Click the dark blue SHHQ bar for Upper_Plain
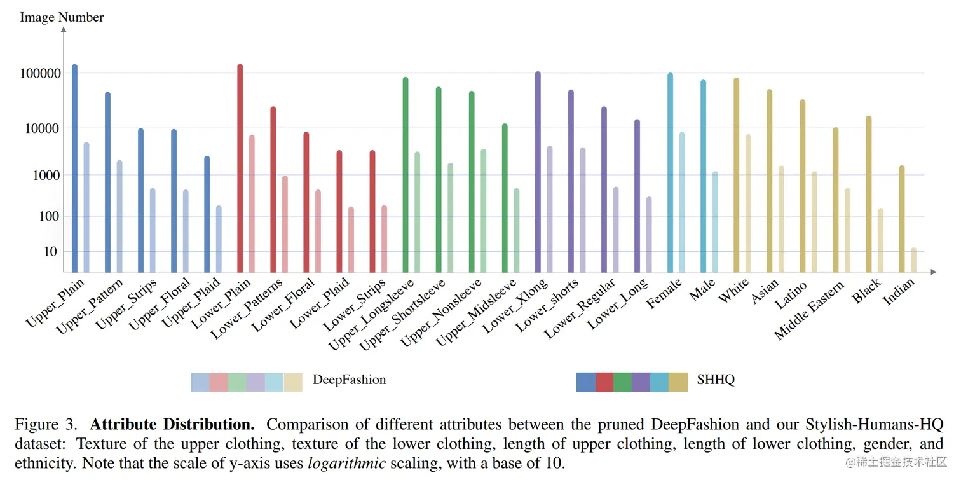click(74, 169)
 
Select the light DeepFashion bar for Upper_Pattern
click(119, 216)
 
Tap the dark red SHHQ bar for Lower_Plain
click(240, 169)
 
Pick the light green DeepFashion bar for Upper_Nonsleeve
click(483, 210)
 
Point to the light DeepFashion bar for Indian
click(913, 260)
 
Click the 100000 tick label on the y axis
click(41, 74)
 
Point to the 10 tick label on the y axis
click(50, 252)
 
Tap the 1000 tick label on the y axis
click(46, 175)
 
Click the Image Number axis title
click(62, 17)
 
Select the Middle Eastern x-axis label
click(809, 312)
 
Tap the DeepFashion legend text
click(349, 380)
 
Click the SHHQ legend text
click(716, 380)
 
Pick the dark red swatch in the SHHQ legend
click(604, 382)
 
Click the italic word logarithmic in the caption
click(346, 463)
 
